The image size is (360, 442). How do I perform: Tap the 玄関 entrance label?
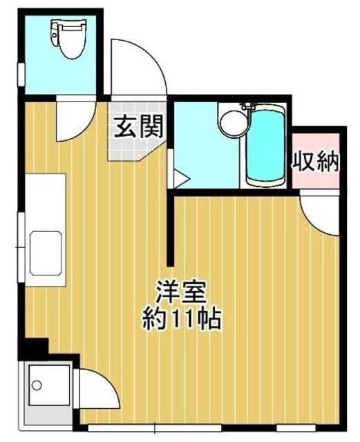(139, 126)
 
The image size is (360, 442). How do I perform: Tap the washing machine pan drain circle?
(37, 385)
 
